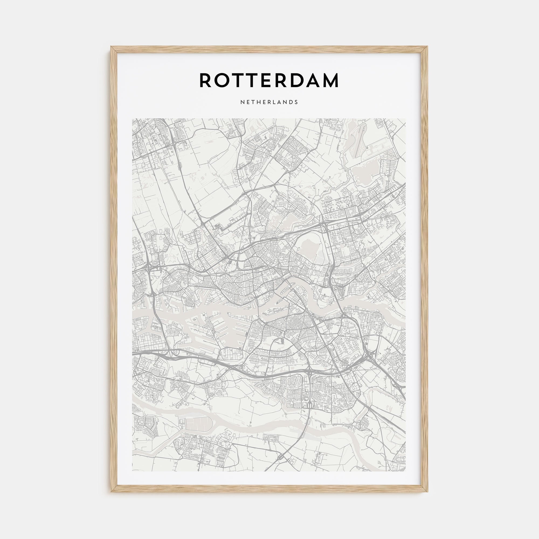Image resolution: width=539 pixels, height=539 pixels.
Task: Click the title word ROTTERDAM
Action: (x=269, y=80)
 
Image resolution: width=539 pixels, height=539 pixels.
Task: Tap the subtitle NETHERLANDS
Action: (x=269, y=102)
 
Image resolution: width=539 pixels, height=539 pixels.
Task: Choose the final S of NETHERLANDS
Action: (x=296, y=102)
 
